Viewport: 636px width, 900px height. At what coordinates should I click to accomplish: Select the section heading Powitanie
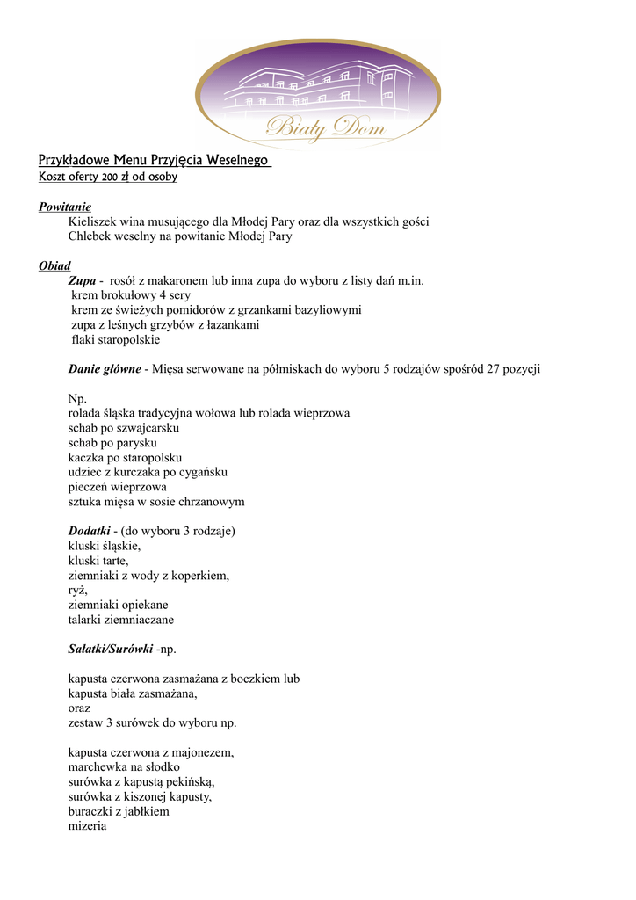pyautogui.click(x=65, y=207)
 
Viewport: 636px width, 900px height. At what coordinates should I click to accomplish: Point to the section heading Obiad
pyautogui.click(x=54, y=265)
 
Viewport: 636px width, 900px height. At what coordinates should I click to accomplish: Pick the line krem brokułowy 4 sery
pyautogui.click(x=130, y=295)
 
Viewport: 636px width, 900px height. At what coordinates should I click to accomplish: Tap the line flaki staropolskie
pyautogui.click(x=116, y=339)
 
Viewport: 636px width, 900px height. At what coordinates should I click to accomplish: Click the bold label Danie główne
pyautogui.click(x=105, y=369)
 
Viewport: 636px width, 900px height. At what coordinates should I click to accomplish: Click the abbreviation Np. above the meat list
pyautogui.click(x=77, y=398)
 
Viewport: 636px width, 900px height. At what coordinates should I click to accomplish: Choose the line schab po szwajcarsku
pyautogui.click(x=124, y=428)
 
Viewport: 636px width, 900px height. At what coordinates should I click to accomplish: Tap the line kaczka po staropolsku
pyautogui.click(x=125, y=458)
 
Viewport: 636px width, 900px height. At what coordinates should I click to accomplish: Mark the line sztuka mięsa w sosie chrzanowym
pyautogui.click(x=156, y=502)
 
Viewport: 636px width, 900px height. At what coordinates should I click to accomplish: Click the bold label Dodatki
pyautogui.click(x=89, y=532)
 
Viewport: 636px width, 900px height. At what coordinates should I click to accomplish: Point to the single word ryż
pyautogui.click(x=77, y=591)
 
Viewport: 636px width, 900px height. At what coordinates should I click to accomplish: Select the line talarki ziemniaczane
pyautogui.click(x=121, y=620)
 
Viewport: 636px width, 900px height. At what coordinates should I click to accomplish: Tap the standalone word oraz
pyautogui.click(x=79, y=708)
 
